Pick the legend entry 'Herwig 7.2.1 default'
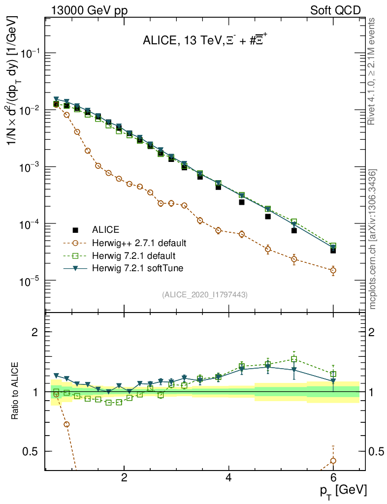click(x=133, y=256)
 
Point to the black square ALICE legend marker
click(x=76, y=230)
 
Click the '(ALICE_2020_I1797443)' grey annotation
click(x=204, y=294)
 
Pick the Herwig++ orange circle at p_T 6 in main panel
click(x=333, y=270)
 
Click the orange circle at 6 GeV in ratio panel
click(x=333, y=461)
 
